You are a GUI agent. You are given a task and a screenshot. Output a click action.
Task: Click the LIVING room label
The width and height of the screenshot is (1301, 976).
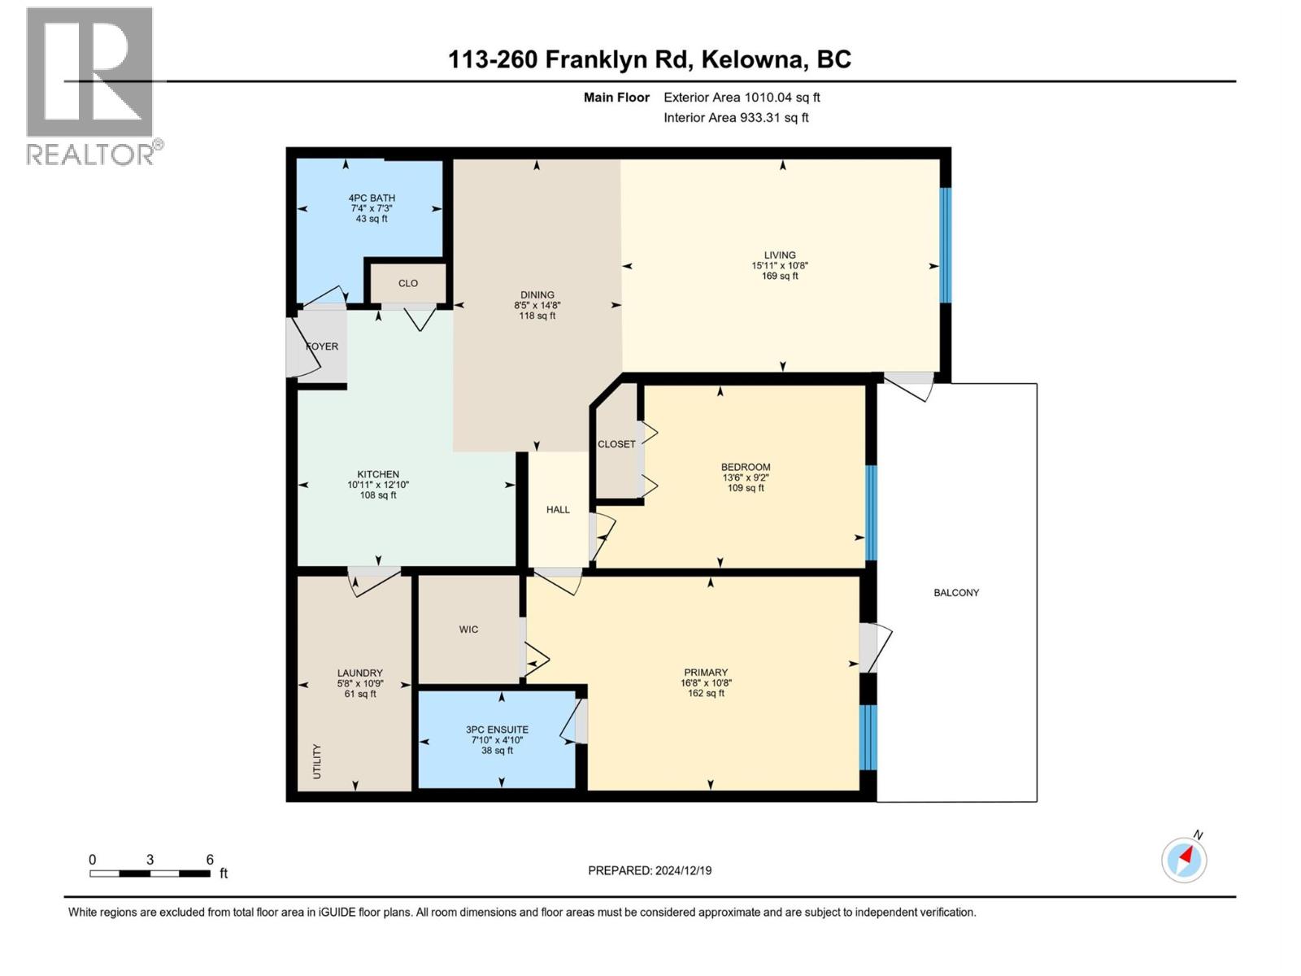779,255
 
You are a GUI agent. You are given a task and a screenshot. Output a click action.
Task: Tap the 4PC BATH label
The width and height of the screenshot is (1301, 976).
372,198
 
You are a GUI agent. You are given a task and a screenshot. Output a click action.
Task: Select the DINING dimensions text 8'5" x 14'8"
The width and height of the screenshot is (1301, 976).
537,306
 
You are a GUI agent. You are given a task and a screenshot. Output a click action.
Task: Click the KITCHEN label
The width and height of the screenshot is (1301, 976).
378,474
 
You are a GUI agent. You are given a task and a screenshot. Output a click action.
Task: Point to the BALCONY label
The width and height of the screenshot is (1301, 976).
956,593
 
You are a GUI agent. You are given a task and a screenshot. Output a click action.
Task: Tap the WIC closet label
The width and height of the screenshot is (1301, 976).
468,630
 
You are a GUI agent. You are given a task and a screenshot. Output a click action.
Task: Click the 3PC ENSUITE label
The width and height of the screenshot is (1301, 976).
497,730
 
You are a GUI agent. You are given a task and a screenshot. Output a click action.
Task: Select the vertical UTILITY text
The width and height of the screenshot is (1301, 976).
317,761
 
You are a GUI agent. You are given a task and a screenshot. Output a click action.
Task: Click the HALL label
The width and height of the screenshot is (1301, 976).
558,510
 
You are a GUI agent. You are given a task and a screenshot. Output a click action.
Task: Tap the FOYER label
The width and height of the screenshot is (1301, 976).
322,346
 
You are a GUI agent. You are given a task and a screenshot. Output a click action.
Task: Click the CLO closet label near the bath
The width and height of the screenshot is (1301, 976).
408,284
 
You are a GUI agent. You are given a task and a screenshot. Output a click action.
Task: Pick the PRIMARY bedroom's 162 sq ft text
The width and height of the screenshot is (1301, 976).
706,694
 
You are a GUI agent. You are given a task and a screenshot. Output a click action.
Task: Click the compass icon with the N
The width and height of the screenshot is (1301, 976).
1184,859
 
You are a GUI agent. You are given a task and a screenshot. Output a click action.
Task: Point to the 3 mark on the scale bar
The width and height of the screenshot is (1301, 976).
150,860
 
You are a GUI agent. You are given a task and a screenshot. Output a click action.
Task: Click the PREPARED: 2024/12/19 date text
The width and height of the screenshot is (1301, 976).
650,870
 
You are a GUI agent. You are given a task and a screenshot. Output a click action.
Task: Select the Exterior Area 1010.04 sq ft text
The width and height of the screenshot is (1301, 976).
742,98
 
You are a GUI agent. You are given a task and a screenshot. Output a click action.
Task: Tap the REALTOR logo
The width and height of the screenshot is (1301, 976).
91,85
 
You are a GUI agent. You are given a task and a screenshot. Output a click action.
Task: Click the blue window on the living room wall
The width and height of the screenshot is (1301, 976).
946,246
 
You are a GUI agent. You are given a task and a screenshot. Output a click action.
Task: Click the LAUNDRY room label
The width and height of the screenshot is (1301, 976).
359,673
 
